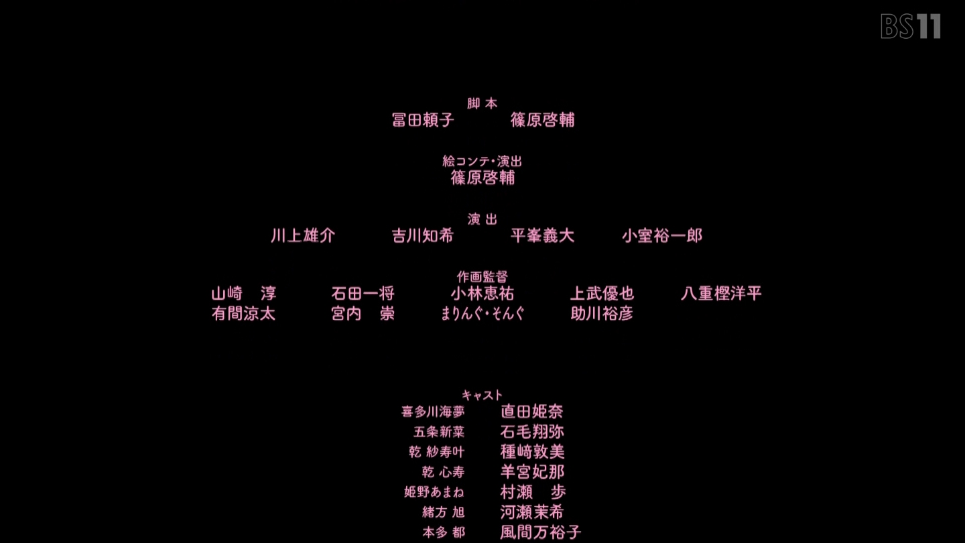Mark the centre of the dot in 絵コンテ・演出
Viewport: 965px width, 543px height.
click(493, 162)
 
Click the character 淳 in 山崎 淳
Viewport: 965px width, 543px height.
click(268, 294)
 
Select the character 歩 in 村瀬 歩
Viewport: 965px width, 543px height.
click(558, 492)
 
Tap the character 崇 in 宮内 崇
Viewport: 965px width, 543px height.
click(387, 314)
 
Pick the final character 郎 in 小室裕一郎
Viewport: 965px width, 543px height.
click(694, 236)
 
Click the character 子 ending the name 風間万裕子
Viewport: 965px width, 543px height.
click(573, 533)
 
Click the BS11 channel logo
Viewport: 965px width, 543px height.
click(911, 26)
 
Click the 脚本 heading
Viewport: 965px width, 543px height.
click(482, 103)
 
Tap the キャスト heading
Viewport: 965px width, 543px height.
click(482, 396)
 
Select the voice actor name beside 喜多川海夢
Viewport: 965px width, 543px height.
click(531, 412)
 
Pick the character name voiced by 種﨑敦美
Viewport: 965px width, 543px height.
click(437, 452)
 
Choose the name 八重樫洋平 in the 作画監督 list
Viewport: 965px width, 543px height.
click(721, 294)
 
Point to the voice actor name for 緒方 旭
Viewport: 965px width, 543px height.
click(531, 512)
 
